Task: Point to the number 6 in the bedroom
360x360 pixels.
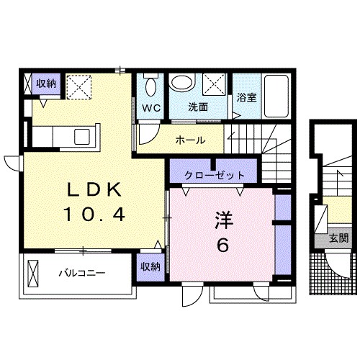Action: click(x=222, y=245)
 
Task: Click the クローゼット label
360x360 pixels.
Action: click(x=215, y=175)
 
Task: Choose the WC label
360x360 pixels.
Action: click(x=150, y=108)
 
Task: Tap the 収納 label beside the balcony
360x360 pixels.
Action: click(x=150, y=267)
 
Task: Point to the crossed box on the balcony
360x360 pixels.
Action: click(x=34, y=274)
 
